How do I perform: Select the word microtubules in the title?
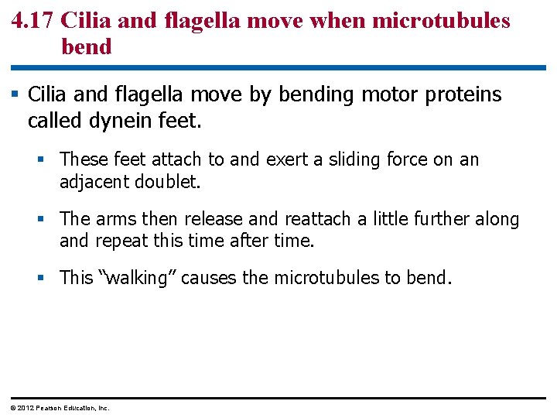point(441,20)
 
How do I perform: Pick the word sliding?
point(346,159)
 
